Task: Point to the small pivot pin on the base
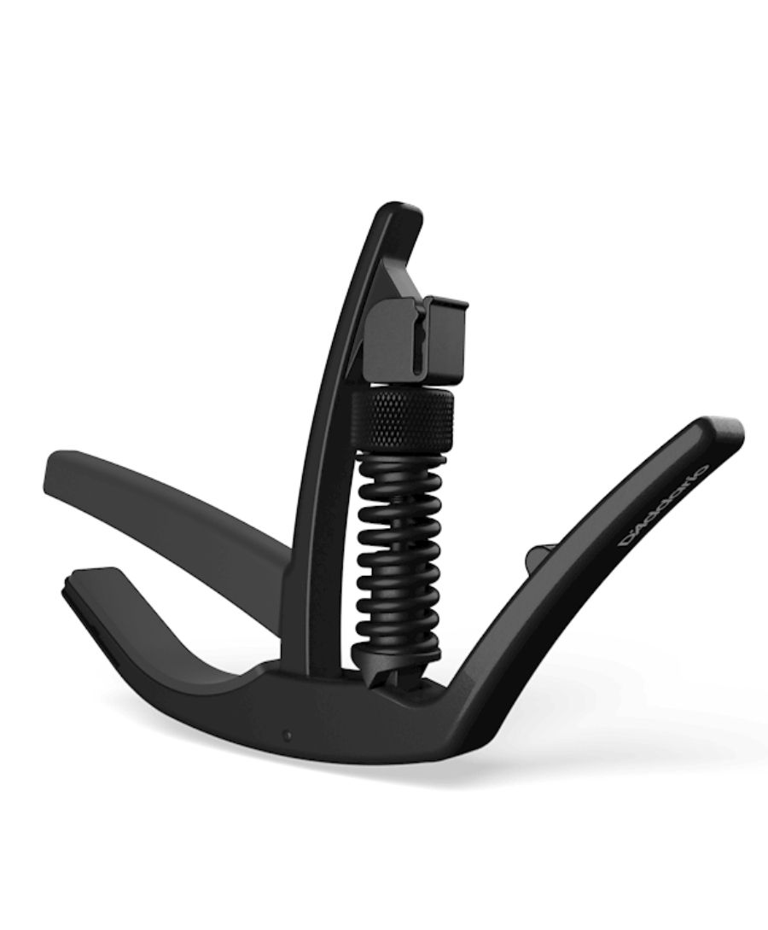click(288, 735)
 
